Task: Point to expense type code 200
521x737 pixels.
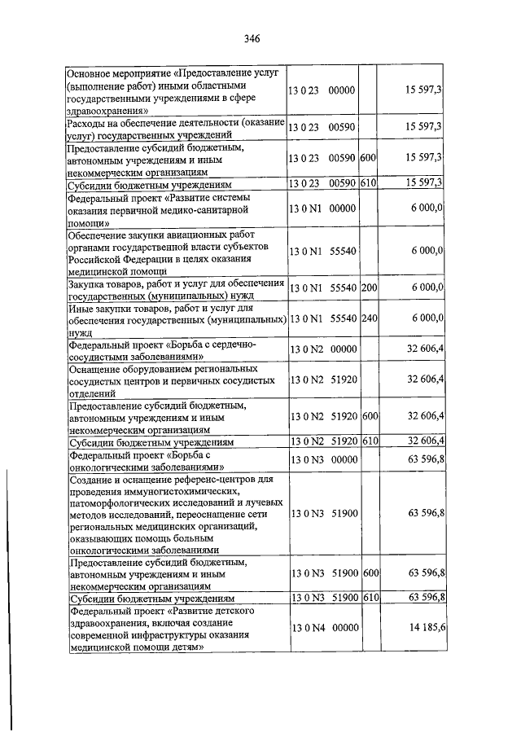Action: click(x=369, y=287)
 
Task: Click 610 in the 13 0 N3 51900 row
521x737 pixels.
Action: click(x=370, y=598)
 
